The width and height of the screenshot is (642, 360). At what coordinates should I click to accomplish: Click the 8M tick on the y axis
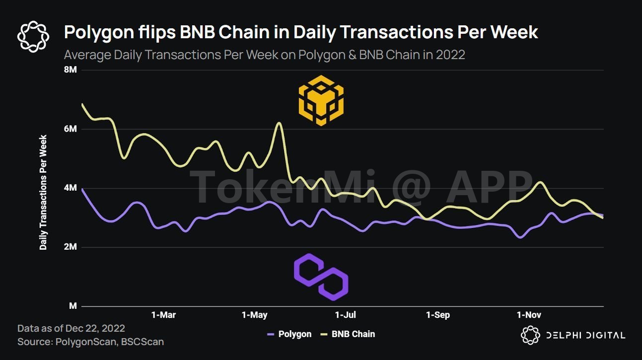(x=70, y=70)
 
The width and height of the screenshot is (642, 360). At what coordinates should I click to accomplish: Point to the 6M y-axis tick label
(x=70, y=129)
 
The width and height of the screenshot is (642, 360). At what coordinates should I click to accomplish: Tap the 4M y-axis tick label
(x=70, y=188)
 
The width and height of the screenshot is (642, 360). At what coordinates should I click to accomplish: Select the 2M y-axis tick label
(x=70, y=247)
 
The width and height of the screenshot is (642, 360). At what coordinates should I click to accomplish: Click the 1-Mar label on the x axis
(x=163, y=315)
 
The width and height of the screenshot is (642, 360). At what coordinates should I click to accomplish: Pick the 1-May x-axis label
(x=254, y=315)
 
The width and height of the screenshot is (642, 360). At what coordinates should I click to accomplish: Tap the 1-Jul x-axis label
(x=346, y=315)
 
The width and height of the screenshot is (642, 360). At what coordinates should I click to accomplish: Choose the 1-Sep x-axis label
(x=438, y=315)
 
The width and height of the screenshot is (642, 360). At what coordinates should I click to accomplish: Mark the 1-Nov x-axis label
(x=529, y=315)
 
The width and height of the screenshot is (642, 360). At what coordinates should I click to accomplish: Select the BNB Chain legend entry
(x=347, y=334)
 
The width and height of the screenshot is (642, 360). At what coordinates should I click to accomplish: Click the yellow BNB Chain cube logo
(x=321, y=100)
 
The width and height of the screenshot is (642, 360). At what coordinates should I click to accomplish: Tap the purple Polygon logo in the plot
(x=321, y=277)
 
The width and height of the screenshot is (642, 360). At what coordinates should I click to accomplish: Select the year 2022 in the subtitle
(x=450, y=55)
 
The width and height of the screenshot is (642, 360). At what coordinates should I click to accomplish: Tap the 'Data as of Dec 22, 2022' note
(x=71, y=328)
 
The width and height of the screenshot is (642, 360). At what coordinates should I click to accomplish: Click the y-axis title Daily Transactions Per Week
(x=44, y=192)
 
